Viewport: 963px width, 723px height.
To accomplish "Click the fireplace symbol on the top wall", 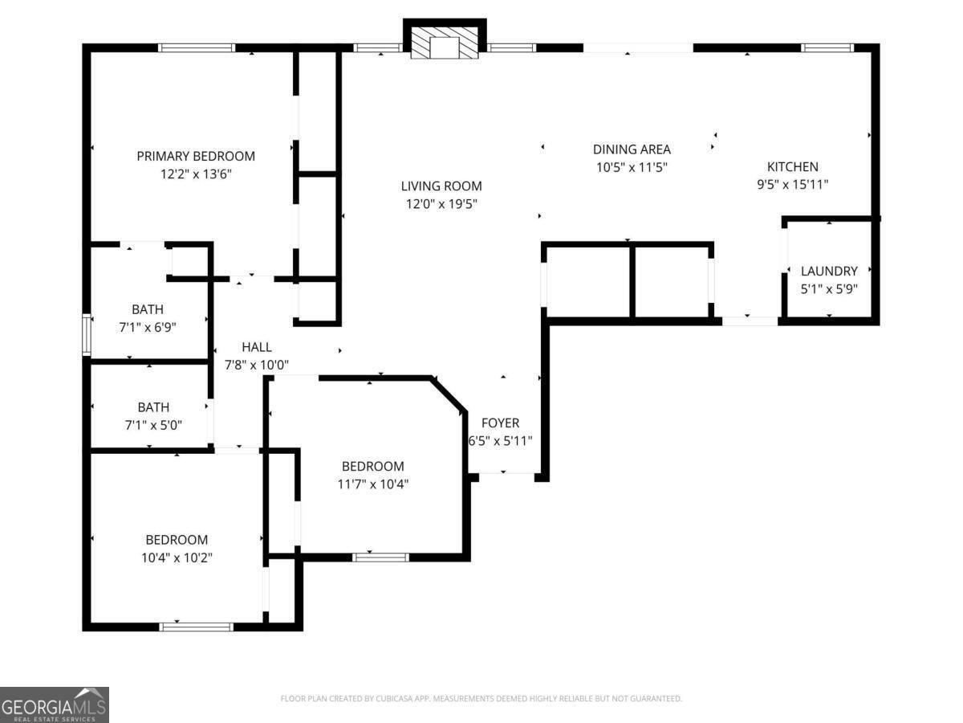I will [x=444, y=43].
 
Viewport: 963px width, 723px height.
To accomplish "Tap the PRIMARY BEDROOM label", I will [x=196, y=156].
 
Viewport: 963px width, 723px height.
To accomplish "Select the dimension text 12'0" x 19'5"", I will [x=441, y=204].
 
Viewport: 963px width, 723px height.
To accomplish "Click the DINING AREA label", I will [x=632, y=149].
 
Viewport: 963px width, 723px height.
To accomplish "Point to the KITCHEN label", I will [x=793, y=167].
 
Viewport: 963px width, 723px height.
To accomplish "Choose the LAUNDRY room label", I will [x=829, y=272].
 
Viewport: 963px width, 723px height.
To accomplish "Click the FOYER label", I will [x=500, y=423].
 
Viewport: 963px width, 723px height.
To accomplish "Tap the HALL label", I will [x=257, y=347].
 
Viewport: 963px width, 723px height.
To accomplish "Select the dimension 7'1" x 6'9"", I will [x=148, y=327].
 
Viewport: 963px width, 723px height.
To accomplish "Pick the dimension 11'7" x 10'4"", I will [x=373, y=484].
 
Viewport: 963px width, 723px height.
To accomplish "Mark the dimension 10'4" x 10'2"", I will [x=176, y=557].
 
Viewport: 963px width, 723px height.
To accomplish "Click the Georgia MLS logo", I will [x=54, y=705].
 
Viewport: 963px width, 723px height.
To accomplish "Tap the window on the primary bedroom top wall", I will [x=197, y=48].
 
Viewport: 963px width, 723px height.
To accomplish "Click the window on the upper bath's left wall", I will [x=87, y=335].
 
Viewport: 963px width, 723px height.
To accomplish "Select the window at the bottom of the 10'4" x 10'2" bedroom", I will [x=197, y=627].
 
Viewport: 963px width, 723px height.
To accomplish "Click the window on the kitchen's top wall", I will [x=827, y=48].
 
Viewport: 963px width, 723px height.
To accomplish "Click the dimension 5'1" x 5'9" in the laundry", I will [x=829, y=288].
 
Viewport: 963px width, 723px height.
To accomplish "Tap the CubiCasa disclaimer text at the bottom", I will [x=481, y=699].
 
